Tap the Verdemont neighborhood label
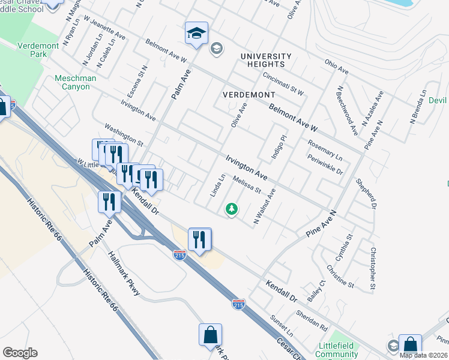(249, 95)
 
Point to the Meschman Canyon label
(80, 82)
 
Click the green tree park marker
(231, 209)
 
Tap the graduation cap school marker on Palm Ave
(196, 34)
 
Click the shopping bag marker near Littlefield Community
(410, 346)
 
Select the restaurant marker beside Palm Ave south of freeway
(109, 202)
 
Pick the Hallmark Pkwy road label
(124, 273)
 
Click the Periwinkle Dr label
(324, 166)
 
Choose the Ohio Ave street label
(337, 66)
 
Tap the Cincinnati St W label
(283, 84)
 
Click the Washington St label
(124, 136)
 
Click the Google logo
(20, 353)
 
